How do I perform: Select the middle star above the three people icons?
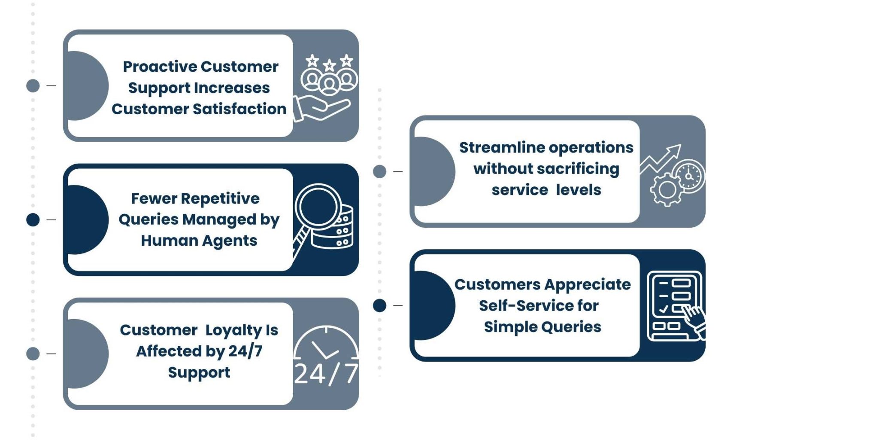[329, 66]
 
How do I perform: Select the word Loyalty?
[233, 330]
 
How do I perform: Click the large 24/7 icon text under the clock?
[326, 373]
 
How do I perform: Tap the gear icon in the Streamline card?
[667, 189]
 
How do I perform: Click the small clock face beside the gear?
[689, 176]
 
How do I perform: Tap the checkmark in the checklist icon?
[664, 309]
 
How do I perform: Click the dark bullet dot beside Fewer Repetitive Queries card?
[33, 220]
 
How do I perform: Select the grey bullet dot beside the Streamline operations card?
[379, 172]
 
